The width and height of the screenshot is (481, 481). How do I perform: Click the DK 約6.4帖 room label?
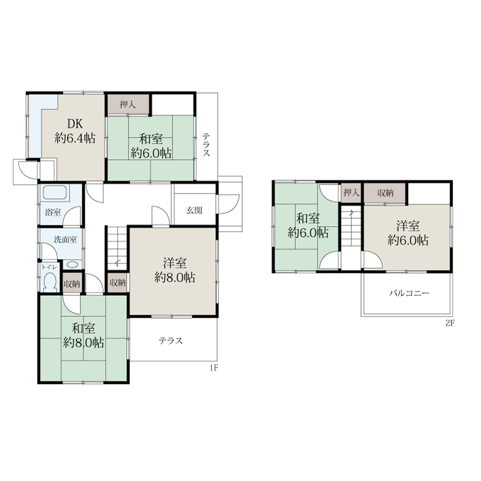pyautogui.click(x=75, y=131)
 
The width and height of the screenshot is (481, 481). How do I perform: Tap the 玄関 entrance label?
pyautogui.click(x=194, y=210)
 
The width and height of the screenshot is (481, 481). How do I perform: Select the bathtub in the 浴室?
pyautogui.click(x=55, y=193)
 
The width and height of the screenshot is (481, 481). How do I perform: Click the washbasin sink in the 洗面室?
pyautogui.click(x=72, y=265)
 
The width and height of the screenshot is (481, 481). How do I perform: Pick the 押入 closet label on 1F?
pyautogui.click(x=127, y=105)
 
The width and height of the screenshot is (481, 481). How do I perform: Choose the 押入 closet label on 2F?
pyautogui.click(x=351, y=192)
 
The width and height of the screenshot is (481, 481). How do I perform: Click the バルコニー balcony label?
pyautogui.click(x=409, y=293)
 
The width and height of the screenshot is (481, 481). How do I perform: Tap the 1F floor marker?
pyautogui.click(x=214, y=368)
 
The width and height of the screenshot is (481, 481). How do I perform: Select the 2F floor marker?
pyautogui.click(x=450, y=323)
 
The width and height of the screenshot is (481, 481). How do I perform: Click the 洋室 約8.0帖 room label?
pyautogui.click(x=174, y=270)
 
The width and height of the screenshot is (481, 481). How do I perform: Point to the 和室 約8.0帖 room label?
pyautogui.click(x=83, y=335)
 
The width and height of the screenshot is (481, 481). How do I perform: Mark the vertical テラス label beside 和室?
pyautogui.click(x=206, y=144)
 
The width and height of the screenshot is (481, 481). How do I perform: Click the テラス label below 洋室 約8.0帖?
pyautogui.click(x=171, y=341)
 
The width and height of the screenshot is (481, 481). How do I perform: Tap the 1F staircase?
pyautogui.click(x=117, y=248)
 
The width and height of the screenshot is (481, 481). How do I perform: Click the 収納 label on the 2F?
pyautogui.click(x=385, y=193)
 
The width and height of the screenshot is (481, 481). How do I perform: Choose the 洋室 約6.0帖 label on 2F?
pyautogui.click(x=408, y=233)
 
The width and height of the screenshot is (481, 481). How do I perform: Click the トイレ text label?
pyautogui.click(x=49, y=267)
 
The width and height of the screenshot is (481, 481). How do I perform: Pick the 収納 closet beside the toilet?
pyautogui.click(x=72, y=284)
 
